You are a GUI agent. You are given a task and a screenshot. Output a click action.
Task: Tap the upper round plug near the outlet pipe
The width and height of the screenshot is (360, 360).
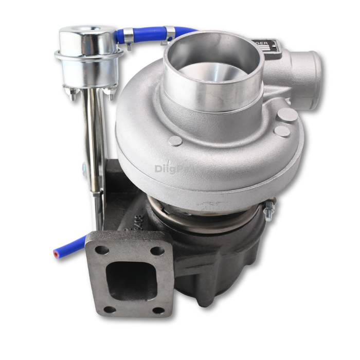[x=288, y=115]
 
